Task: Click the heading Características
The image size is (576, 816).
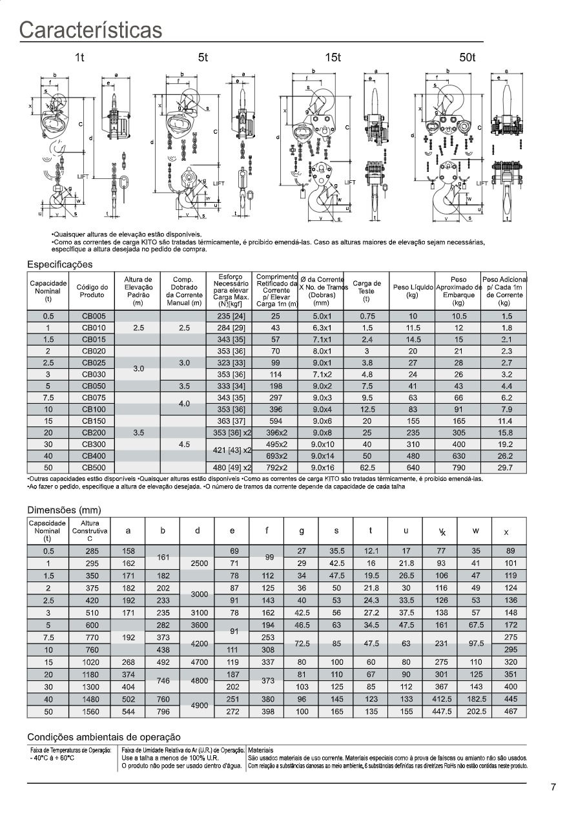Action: (x=90, y=30)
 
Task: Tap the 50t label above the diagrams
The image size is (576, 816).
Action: (x=468, y=58)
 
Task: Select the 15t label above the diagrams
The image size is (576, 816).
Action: (x=333, y=58)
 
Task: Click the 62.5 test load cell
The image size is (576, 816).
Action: (x=366, y=467)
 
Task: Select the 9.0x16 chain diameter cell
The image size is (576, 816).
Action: (x=320, y=467)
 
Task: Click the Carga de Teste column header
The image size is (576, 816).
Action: (x=366, y=291)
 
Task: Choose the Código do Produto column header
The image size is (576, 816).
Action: (x=92, y=291)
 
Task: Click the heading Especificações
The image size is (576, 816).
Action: (x=59, y=264)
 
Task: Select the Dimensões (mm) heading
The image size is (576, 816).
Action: (x=64, y=510)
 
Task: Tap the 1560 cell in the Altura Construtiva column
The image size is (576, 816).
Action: (x=90, y=711)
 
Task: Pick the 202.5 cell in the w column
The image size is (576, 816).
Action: (x=475, y=711)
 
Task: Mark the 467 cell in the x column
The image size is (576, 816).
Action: (x=509, y=711)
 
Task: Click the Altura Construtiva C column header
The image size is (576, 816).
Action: (x=90, y=530)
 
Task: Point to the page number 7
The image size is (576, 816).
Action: (x=553, y=787)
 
